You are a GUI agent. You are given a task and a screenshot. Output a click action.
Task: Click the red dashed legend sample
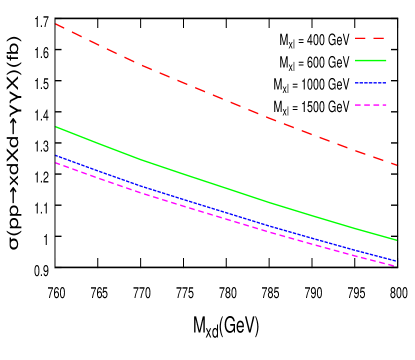[x=370, y=38]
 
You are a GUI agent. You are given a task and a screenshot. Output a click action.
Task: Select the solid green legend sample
[x=370, y=60]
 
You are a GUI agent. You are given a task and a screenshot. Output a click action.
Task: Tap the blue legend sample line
[x=370, y=82]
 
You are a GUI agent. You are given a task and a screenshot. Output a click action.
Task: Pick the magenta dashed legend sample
[x=370, y=104]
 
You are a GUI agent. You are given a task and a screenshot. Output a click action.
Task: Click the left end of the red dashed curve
[x=56, y=24]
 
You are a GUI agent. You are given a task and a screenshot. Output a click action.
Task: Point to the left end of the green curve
[x=56, y=127]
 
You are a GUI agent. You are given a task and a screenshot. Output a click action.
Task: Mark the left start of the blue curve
[x=56, y=155]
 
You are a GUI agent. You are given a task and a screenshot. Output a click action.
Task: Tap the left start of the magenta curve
[x=56, y=163]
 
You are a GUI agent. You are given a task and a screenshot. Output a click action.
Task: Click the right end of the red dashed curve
[x=397, y=164]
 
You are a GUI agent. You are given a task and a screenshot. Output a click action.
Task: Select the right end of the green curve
[x=397, y=240]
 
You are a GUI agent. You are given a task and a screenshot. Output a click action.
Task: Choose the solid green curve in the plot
[x=220, y=184]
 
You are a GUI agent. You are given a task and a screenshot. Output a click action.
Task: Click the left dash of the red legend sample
[x=359, y=38]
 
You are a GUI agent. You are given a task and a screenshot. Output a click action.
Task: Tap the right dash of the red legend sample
[x=381, y=38]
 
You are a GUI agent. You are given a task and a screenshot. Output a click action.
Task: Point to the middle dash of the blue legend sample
[x=370, y=82]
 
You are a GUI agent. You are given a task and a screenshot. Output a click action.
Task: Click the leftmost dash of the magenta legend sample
[x=357, y=104]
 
